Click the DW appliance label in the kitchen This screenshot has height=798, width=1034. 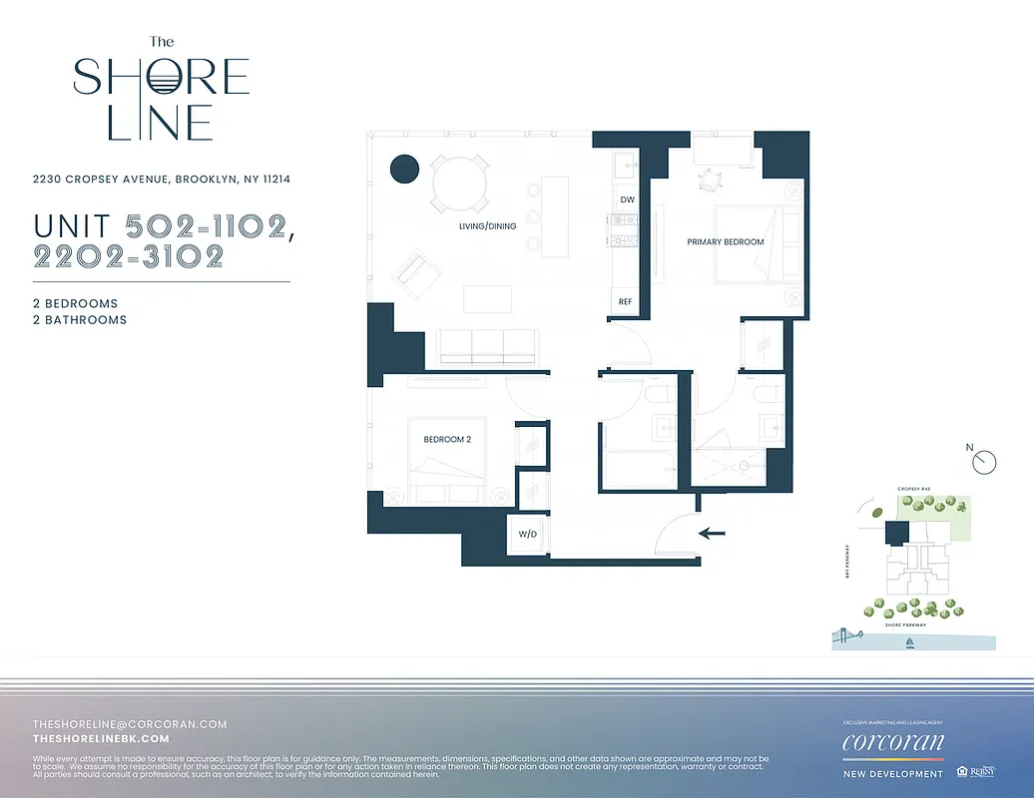(x=627, y=199)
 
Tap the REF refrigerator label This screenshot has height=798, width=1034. (x=626, y=301)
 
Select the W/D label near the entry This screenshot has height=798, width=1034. (x=526, y=534)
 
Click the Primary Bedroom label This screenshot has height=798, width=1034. (x=726, y=242)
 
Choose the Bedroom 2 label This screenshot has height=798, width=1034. (x=446, y=439)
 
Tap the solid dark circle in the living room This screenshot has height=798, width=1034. (x=403, y=170)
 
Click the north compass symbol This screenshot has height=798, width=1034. (x=985, y=460)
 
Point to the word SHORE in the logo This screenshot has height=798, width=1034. (x=161, y=78)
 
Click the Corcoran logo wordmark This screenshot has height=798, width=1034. (x=891, y=742)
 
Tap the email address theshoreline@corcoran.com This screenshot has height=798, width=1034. (x=130, y=724)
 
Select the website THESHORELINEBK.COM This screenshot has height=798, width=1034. (x=101, y=739)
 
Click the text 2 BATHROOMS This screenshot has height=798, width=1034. (x=80, y=320)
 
